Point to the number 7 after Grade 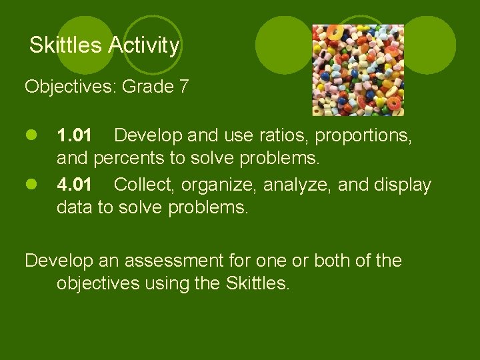[x=184, y=87]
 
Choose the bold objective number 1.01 [x=75, y=137]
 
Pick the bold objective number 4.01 [x=75, y=185]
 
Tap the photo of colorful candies [x=359, y=70]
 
